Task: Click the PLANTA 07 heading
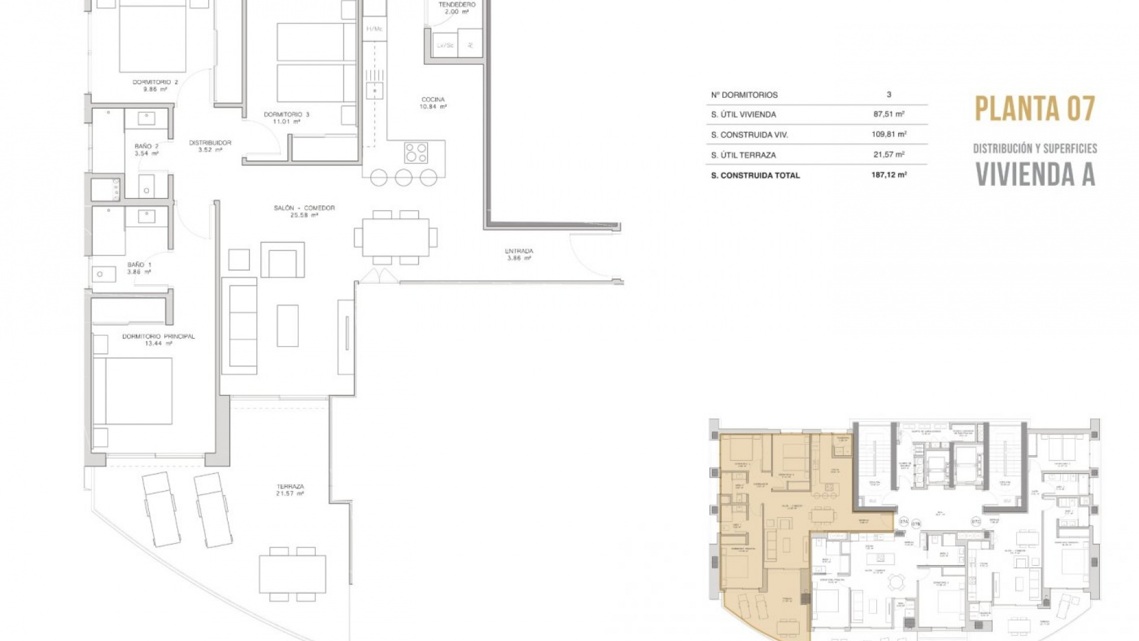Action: (x=1035, y=109)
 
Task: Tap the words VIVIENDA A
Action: (x=1035, y=174)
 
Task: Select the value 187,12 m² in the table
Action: (x=889, y=175)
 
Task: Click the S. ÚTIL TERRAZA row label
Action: (x=743, y=155)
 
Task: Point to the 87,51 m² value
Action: (x=889, y=114)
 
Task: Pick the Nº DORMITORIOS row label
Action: (x=744, y=95)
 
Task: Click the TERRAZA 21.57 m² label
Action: (x=290, y=490)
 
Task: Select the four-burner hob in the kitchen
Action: (x=416, y=153)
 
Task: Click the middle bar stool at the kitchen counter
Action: (x=403, y=177)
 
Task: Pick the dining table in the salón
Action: (x=396, y=237)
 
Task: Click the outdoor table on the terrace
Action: (x=292, y=574)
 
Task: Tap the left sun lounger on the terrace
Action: (x=161, y=509)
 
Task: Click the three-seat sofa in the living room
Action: (x=240, y=326)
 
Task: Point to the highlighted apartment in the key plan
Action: (x=765, y=534)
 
